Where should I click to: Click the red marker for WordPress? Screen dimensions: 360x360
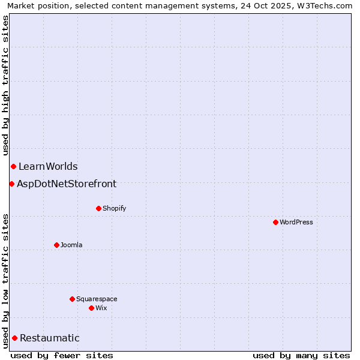[x=275, y=222]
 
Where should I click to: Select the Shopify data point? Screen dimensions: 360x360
[x=98, y=208]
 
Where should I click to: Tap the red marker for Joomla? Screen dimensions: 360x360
[x=56, y=245]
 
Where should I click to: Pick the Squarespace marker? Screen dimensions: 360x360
[x=72, y=299]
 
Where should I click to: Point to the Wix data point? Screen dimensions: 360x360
[x=91, y=308]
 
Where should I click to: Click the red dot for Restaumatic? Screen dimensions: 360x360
[x=14, y=338]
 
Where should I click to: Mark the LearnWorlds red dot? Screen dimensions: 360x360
[x=13, y=166]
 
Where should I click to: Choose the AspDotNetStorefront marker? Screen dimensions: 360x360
[x=11, y=184]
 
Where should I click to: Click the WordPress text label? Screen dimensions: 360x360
[x=296, y=223]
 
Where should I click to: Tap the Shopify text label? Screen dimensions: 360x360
[x=115, y=209]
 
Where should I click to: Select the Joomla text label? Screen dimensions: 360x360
[x=71, y=245]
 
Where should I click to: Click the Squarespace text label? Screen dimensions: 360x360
[x=97, y=299]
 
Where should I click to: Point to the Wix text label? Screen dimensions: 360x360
[x=101, y=308]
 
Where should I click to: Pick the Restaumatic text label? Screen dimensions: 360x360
[x=50, y=338]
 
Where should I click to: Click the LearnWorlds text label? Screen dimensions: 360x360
[x=48, y=167]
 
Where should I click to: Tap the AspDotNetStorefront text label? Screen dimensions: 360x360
[x=67, y=184]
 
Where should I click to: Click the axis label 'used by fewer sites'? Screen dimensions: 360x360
[x=62, y=355]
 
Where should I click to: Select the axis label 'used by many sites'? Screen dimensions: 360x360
[x=301, y=355]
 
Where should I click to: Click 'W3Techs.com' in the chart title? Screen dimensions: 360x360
[x=327, y=5]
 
